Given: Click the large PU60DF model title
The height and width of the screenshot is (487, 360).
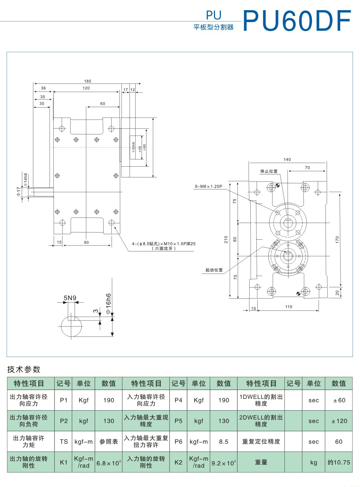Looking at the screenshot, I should (297, 21).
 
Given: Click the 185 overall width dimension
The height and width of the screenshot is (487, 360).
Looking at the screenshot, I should (88, 81).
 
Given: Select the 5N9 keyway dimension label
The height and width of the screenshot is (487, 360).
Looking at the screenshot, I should (70, 298).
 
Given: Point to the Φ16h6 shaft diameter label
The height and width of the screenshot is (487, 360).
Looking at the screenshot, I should (108, 303).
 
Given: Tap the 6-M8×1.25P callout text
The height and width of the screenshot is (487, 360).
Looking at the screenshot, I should (208, 186).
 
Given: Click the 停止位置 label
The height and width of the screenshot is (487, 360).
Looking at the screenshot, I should (269, 171).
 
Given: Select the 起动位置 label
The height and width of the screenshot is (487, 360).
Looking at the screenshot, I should (214, 270).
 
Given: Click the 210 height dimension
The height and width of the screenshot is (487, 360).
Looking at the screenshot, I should (226, 239).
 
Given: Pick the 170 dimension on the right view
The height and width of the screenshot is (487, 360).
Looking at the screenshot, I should (337, 240).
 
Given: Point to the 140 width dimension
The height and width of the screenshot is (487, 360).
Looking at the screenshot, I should (287, 160).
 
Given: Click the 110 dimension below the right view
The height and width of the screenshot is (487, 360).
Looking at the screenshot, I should (288, 306).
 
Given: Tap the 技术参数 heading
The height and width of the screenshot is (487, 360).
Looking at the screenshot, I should (24, 369).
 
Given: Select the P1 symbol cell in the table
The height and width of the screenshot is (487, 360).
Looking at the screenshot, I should (64, 400).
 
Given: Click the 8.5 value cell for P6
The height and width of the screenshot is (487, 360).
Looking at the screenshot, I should (224, 441).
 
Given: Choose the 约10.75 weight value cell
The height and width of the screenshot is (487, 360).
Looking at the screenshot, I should (339, 462).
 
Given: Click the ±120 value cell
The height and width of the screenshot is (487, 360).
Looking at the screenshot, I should (339, 421).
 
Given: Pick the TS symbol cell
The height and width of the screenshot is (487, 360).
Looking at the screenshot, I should (64, 441).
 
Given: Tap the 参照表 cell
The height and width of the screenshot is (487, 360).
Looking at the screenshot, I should (109, 441).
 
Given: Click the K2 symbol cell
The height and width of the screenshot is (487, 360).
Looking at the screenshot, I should (178, 462).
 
